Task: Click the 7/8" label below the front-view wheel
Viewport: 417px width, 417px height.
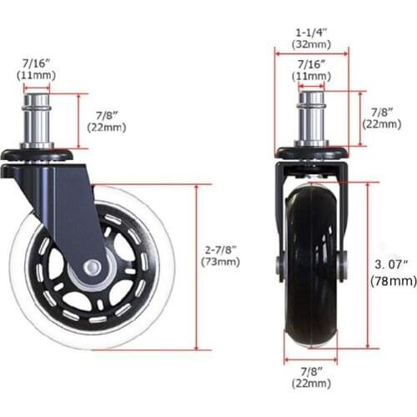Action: [x=310, y=370]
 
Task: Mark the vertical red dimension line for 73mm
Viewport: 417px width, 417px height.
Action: [x=196, y=267]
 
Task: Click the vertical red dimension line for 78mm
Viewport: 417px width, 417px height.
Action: [x=367, y=267]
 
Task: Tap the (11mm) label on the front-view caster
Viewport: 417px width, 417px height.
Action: [x=310, y=76]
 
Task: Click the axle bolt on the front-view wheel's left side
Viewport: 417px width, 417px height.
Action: [x=281, y=265]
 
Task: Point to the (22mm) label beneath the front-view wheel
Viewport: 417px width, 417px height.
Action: [x=310, y=384]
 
